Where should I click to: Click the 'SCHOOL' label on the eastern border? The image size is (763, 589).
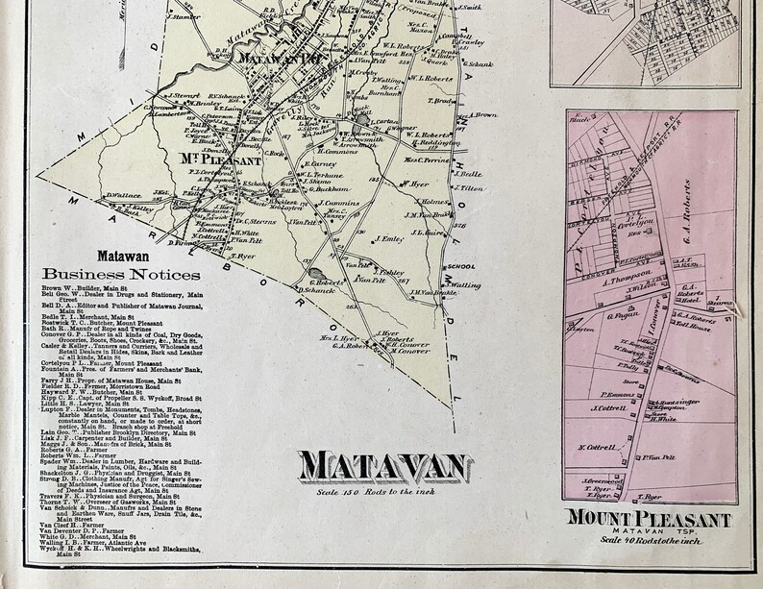(x=460, y=267)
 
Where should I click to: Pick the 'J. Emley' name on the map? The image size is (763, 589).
(x=389, y=238)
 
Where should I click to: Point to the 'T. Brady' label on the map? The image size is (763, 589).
(x=440, y=100)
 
